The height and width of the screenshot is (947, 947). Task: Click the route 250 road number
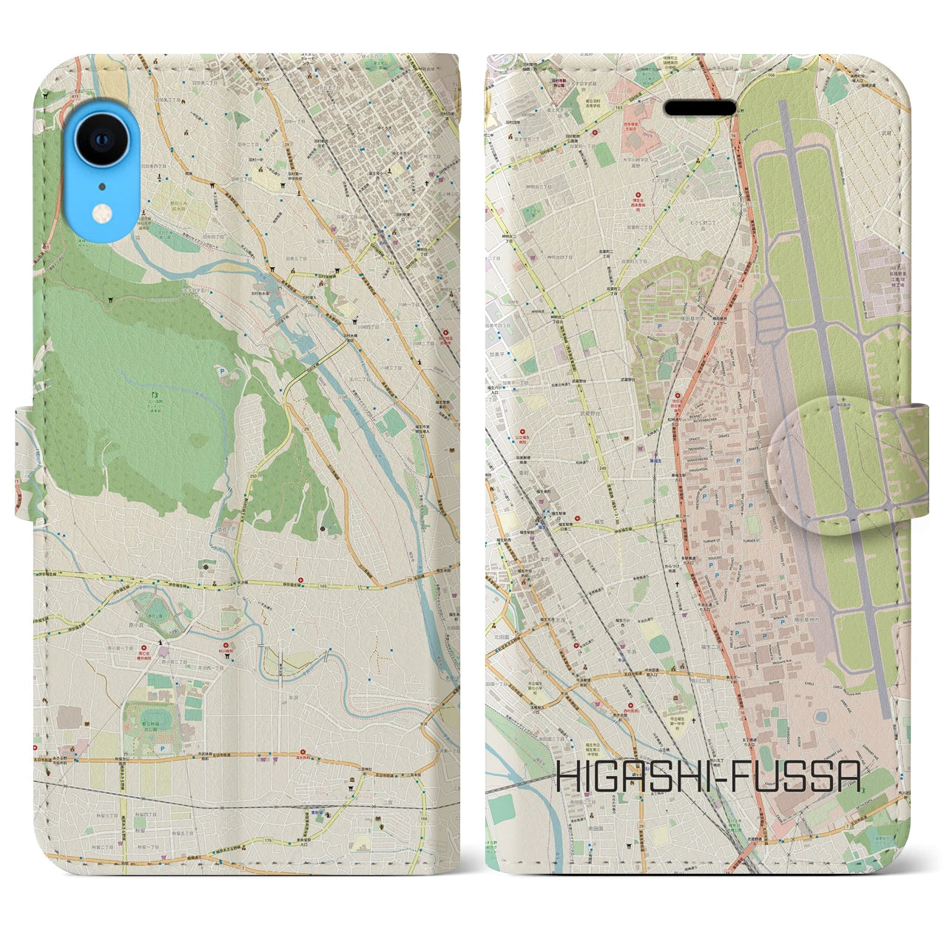(x=254, y=476)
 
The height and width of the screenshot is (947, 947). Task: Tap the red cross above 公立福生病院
(x=524, y=430)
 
